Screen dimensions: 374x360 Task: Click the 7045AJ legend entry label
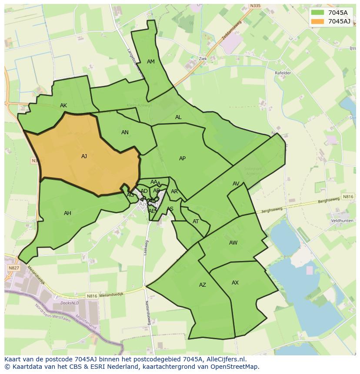pos(339,21)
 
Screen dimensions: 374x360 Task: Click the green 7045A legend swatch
pos(317,13)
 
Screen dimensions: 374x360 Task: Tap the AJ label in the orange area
pos(84,156)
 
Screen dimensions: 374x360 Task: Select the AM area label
pos(151,62)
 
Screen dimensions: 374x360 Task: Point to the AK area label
pos(63,106)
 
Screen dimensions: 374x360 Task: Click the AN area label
pos(125,132)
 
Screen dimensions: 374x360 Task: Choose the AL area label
pos(178,117)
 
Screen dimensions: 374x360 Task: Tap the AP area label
pos(182,159)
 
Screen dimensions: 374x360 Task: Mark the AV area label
pos(236,184)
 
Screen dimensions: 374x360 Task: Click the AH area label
pos(67,213)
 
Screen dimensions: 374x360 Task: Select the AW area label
pos(233,243)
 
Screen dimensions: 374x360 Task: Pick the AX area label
pos(235,283)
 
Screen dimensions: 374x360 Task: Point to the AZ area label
pos(202,285)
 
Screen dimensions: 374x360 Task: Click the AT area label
pos(196,222)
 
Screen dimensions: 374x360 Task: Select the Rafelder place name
pos(283,73)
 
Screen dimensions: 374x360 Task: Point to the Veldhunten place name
pos(341,221)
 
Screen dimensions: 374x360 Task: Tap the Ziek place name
pos(203,59)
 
